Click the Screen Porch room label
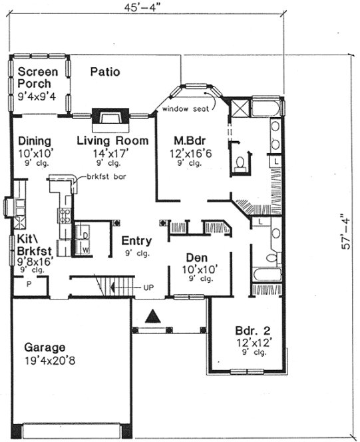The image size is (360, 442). tap(38, 78)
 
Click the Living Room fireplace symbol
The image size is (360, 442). tap(106, 118)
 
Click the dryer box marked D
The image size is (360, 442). tap(86, 236)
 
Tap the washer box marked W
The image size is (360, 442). tap(86, 250)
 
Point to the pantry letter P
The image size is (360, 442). tap(29, 284)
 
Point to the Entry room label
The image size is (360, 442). tap(136, 240)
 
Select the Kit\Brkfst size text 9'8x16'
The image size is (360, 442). tap(32, 262)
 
